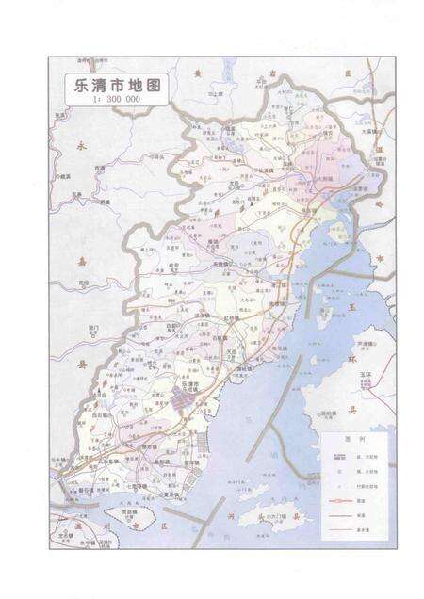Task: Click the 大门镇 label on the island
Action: point(277,517)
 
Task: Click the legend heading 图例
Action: point(353,438)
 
